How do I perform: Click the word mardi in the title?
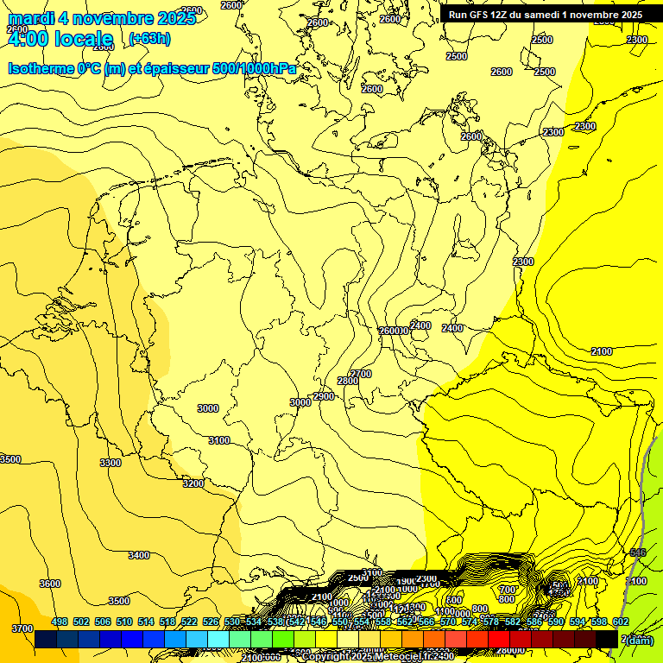point(31,18)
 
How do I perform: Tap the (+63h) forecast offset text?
point(149,38)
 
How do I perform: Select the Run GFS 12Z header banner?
point(545,15)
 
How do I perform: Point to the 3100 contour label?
point(219,440)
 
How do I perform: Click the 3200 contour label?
point(193,483)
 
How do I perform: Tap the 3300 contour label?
point(110,463)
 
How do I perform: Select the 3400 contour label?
point(138,555)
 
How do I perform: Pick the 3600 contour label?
point(50,584)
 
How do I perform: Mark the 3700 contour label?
point(22,628)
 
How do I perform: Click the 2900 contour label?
point(324,396)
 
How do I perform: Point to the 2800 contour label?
point(348,381)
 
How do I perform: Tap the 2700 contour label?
point(362,374)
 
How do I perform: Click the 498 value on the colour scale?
point(60,622)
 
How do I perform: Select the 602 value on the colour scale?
point(620,622)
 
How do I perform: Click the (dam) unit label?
point(640,639)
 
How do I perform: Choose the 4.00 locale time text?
point(60,38)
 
